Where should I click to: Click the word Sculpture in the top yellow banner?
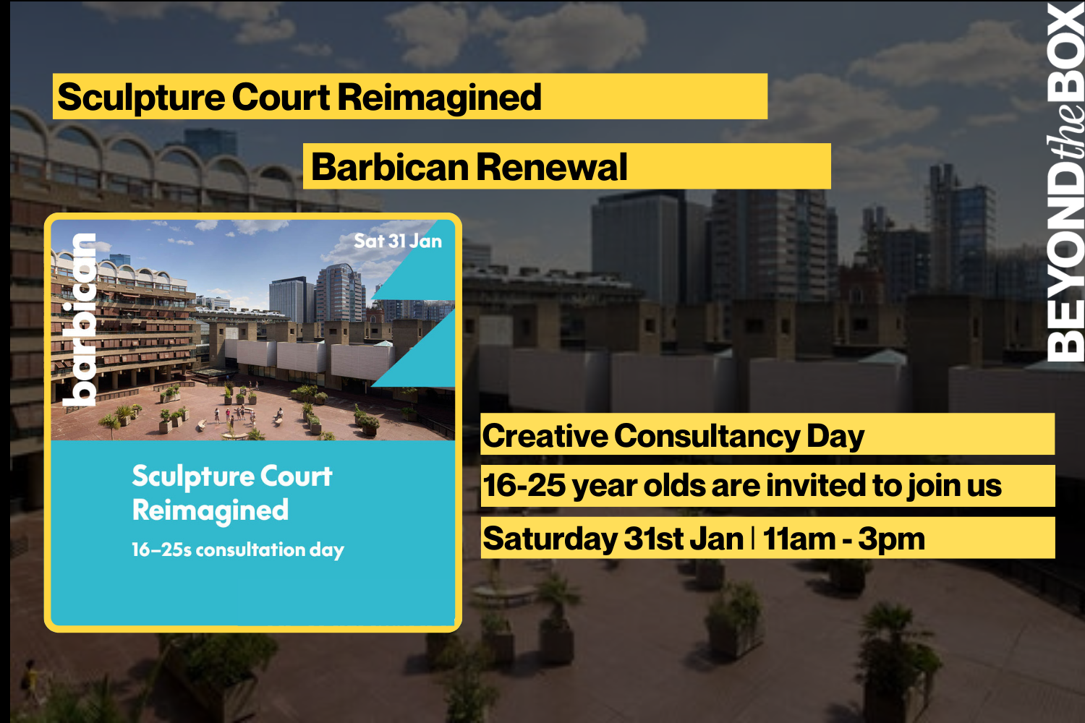click(x=141, y=98)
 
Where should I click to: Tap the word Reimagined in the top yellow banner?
click(x=439, y=98)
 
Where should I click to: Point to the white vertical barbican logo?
click(x=79, y=319)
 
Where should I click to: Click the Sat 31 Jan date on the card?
click(x=397, y=241)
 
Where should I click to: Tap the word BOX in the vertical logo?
click(x=1066, y=51)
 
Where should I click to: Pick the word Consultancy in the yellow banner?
click(x=707, y=436)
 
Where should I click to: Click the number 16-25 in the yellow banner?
click(x=524, y=486)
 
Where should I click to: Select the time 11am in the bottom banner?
click(x=799, y=539)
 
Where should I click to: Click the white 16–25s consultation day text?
click(x=237, y=550)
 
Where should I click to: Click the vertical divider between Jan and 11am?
click(x=753, y=539)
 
